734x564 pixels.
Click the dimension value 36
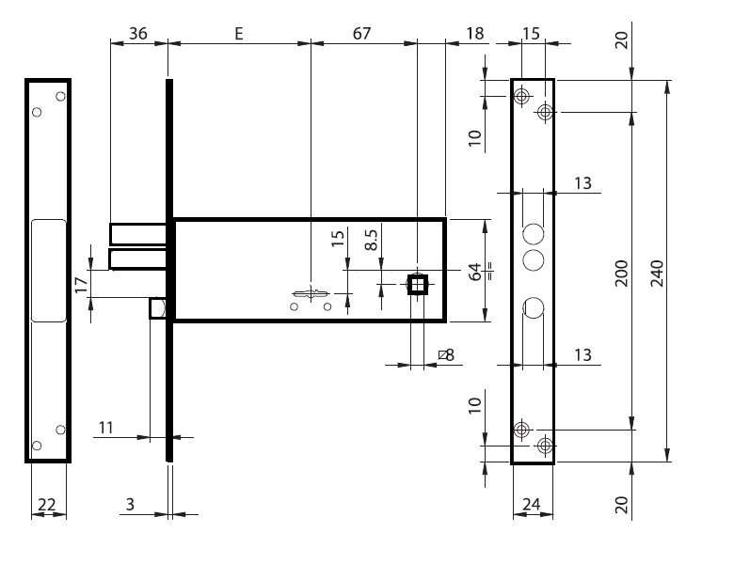tap(138, 33)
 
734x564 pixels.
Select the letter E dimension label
tap(239, 33)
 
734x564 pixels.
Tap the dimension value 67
tap(361, 33)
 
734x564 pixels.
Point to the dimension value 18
tap(474, 33)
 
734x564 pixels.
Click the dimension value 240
tap(657, 272)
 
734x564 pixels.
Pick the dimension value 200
tap(621, 272)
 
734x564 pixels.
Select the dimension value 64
tap(476, 272)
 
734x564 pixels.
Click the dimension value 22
tap(45, 505)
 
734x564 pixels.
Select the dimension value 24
tap(531, 505)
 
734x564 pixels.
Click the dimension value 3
tap(130, 505)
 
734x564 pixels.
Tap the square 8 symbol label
tap(446, 354)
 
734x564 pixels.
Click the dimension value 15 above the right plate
tap(531, 33)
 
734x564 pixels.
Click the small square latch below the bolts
tap(158, 308)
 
